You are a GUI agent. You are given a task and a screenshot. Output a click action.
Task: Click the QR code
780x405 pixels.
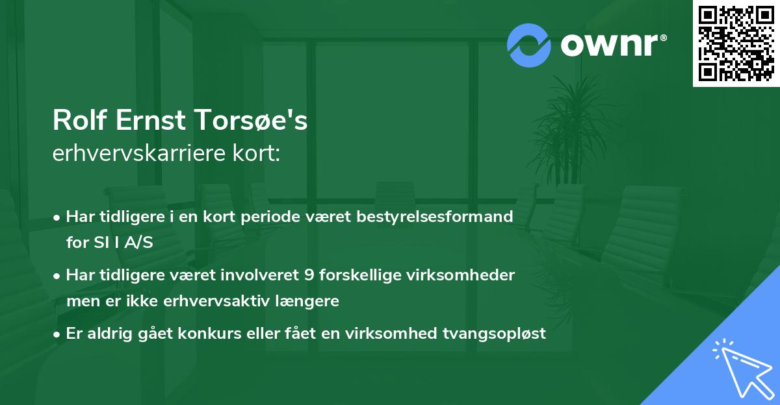tap(736, 43)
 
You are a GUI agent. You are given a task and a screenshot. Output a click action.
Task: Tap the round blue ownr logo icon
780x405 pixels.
tap(529, 45)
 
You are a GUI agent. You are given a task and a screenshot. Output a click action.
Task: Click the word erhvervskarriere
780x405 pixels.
tap(136, 154)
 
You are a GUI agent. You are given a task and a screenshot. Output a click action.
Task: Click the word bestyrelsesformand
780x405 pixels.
tap(435, 216)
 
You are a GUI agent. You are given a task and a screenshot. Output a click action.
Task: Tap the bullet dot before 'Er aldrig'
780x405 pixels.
tap(57, 334)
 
